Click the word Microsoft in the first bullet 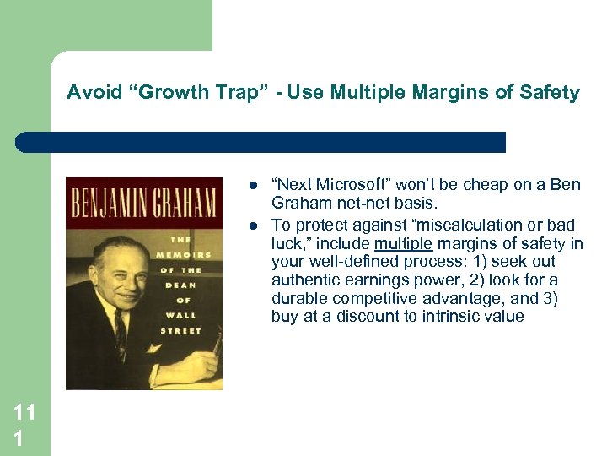pos(346,185)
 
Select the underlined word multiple pos(403,243)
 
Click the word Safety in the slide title pos(552,92)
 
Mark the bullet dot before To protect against pos(253,225)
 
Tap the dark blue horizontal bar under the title pos(261,142)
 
